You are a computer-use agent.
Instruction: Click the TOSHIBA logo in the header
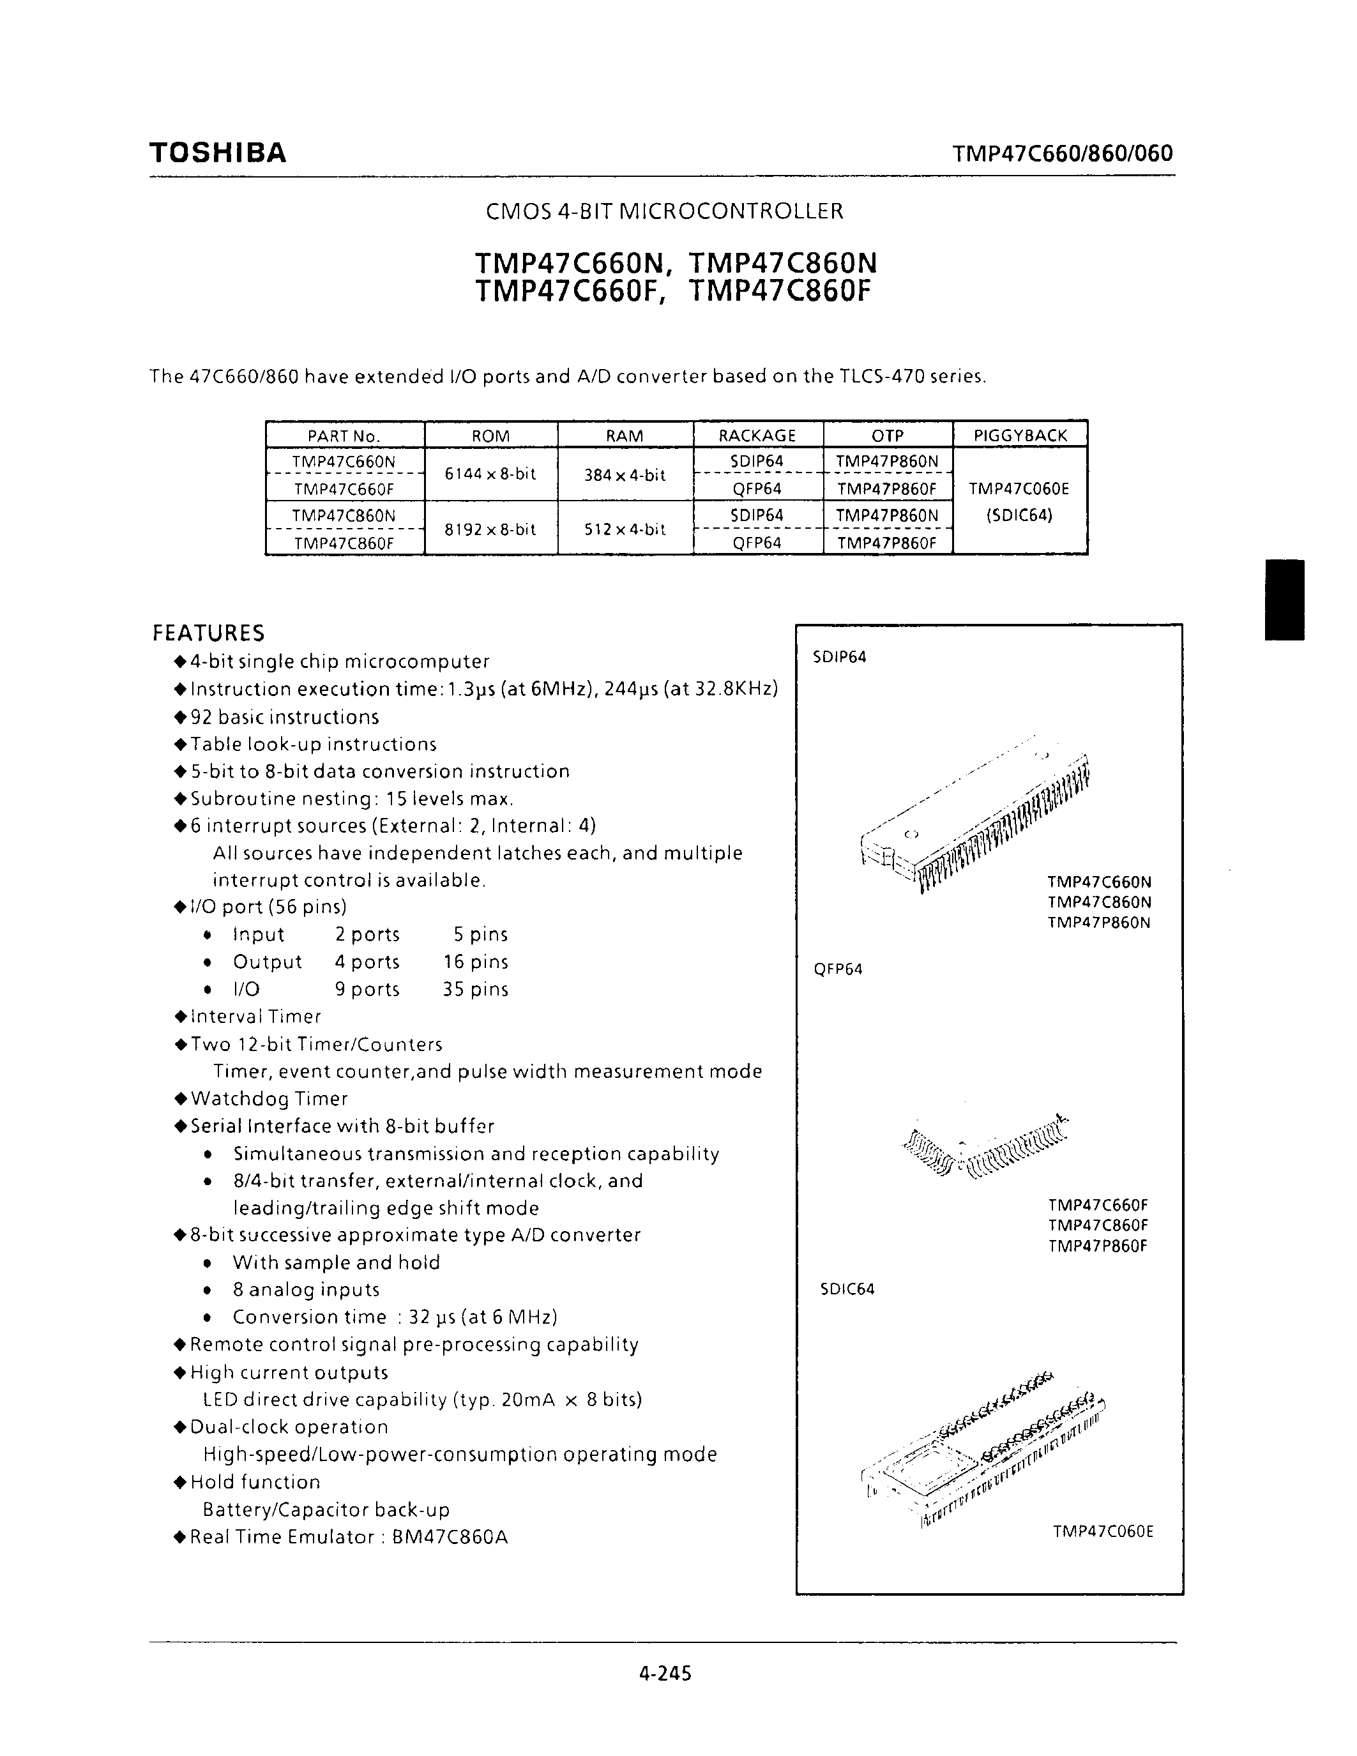point(217,153)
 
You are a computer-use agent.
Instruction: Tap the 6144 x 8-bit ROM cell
point(490,474)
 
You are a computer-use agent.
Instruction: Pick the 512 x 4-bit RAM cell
point(625,529)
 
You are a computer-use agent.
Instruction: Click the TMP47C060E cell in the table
point(1019,488)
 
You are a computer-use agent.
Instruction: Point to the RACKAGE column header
point(757,435)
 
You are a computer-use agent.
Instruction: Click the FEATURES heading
point(208,633)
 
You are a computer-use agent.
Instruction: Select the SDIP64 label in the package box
point(839,657)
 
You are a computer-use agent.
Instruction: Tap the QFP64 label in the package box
point(838,969)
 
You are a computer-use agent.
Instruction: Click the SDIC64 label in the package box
point(847,1289)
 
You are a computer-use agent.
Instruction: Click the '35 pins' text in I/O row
point(475,989)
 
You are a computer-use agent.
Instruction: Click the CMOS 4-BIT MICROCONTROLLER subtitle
point(665,211)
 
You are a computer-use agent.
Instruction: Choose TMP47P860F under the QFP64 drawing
point(1097,1246)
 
